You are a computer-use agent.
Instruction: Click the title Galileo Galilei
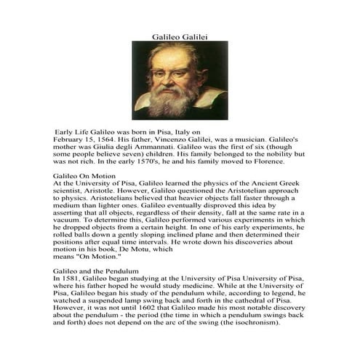coord(180,35)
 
